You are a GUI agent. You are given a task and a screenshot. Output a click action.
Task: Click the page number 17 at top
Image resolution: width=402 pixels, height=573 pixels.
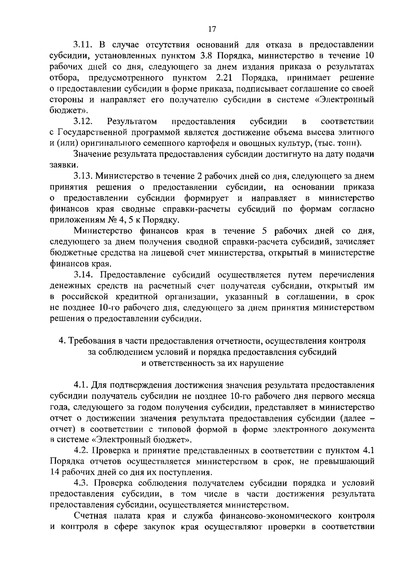[212, 29]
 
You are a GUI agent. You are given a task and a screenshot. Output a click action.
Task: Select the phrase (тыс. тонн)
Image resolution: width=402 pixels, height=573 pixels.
[339, 143]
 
